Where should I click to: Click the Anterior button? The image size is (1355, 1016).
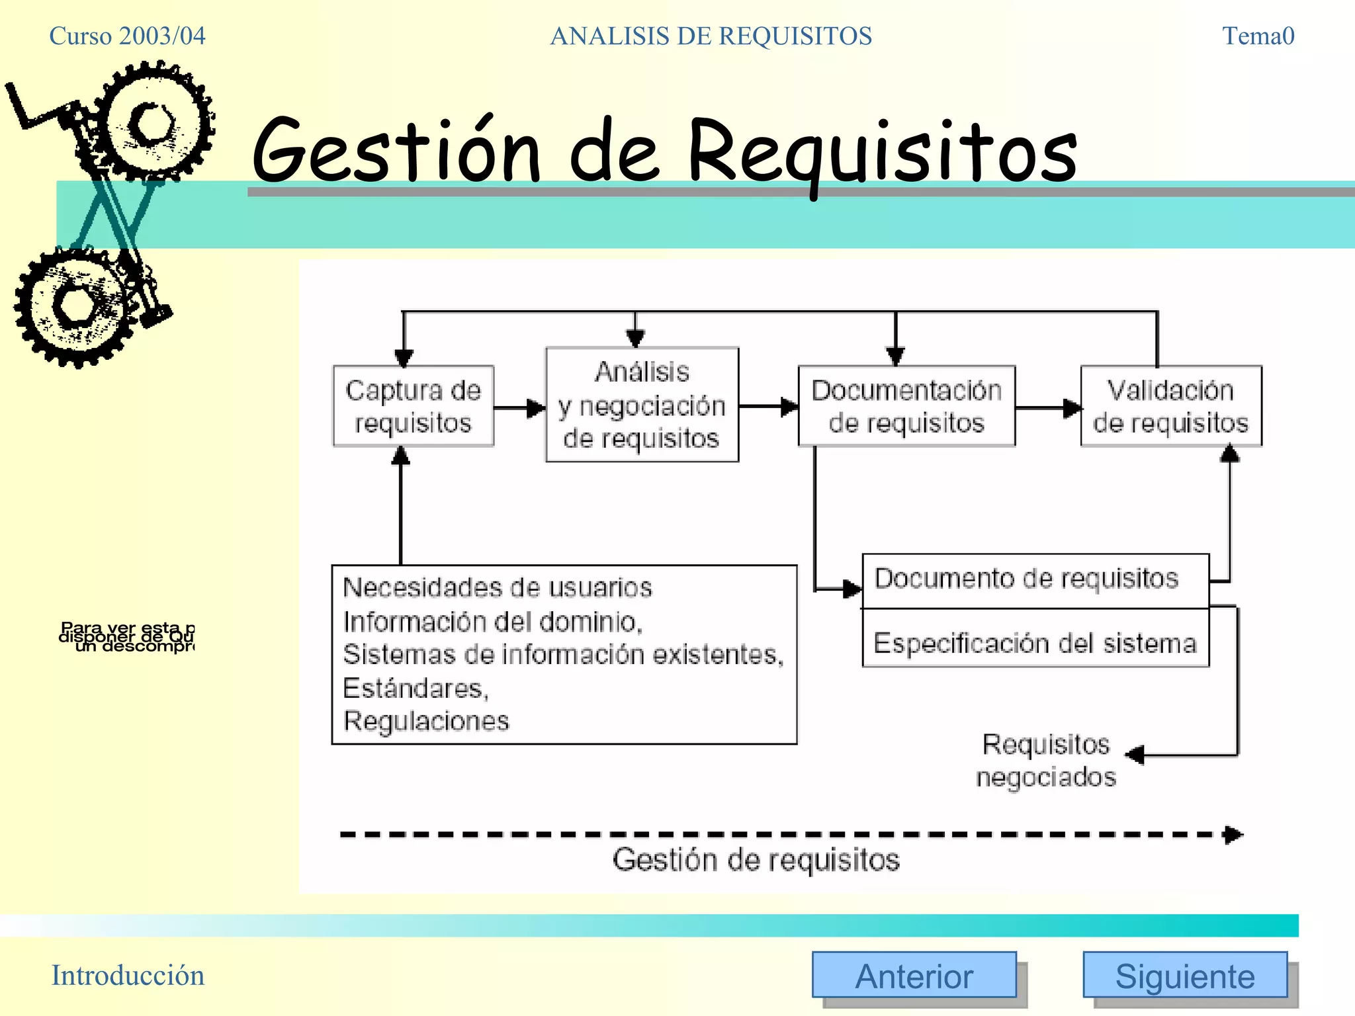point(914,975)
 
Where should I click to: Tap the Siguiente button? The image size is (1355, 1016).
point(1184,975)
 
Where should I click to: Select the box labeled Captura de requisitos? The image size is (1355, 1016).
point(414,406)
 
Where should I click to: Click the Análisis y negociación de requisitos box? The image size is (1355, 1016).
point(642,405)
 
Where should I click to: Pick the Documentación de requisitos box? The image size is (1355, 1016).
point(906,406)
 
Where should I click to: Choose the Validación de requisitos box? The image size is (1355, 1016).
point(1170,406)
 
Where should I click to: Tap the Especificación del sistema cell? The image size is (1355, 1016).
point(1035,642)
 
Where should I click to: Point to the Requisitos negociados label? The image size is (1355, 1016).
point(1046,760)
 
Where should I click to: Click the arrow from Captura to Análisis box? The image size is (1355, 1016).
point(520,408)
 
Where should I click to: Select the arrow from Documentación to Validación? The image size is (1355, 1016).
point(1049,408)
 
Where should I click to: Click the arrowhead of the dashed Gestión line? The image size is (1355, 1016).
point(1233,835)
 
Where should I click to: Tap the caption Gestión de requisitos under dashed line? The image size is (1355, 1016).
point(756,860)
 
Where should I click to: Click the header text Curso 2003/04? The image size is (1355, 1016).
point(127,36)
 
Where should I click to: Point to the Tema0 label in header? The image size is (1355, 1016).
point(1258,36)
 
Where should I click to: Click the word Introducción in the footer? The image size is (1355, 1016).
point(128,975)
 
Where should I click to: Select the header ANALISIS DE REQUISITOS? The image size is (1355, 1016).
point(711,36)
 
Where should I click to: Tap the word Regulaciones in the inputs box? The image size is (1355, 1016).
point(426,721)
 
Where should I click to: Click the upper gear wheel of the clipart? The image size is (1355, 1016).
point(154,122)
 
